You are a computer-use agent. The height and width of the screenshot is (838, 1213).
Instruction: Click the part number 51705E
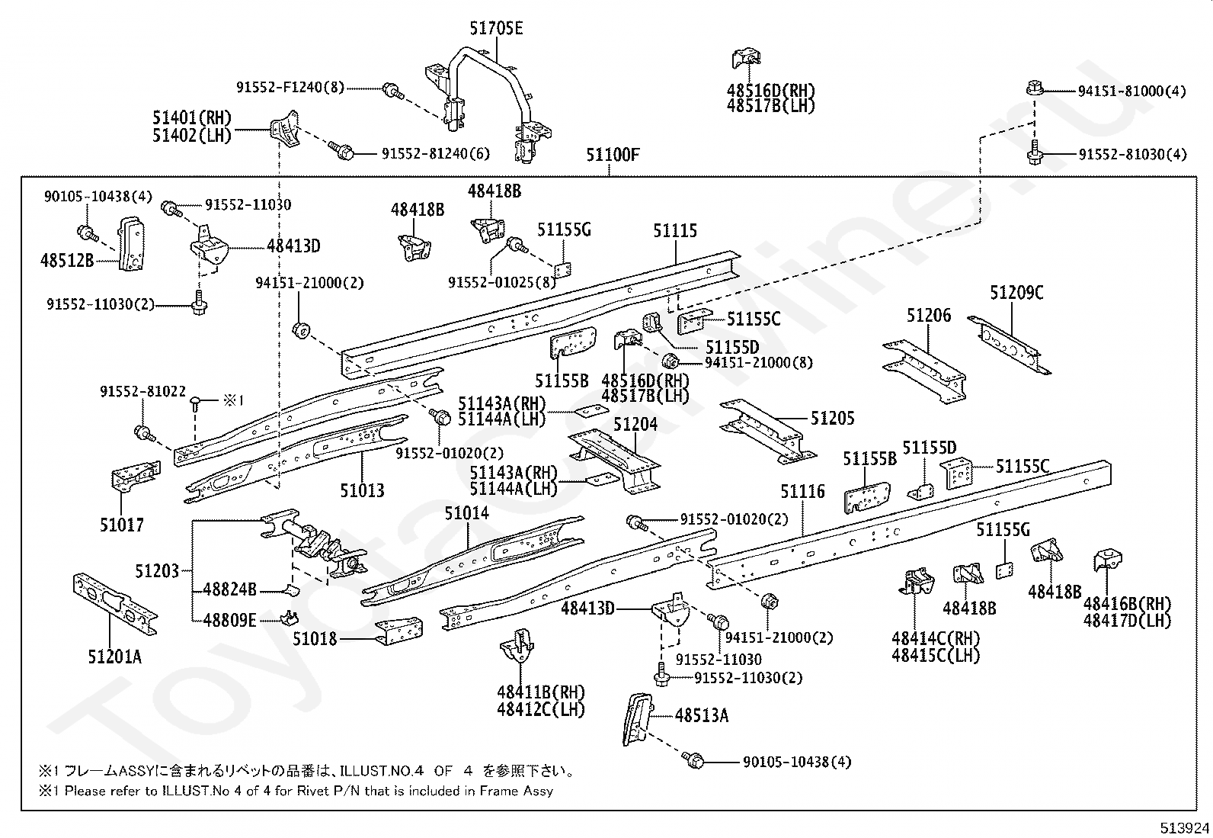496,28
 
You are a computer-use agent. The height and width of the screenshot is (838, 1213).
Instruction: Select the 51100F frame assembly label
613,155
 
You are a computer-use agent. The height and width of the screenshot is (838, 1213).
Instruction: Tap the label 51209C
1016,293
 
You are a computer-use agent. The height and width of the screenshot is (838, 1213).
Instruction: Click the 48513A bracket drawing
638,719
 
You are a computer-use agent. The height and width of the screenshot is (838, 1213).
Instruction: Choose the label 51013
362,490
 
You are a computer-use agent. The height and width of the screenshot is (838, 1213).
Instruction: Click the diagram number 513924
1184,827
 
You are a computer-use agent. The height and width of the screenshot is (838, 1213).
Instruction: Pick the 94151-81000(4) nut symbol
1035,88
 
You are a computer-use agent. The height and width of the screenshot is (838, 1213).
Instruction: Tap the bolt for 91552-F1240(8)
392,92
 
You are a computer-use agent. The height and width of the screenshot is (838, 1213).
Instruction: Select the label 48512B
67,261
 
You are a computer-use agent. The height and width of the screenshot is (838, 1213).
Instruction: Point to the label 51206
929,316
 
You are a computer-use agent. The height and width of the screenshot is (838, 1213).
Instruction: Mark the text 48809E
229,620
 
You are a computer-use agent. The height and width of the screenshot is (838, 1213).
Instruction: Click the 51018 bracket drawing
399,631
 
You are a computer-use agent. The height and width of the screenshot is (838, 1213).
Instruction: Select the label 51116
802,492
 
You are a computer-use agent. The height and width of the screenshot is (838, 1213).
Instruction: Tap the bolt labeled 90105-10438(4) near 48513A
693,759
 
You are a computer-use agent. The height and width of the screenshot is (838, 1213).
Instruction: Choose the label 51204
635,425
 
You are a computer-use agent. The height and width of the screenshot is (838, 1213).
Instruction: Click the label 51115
675,231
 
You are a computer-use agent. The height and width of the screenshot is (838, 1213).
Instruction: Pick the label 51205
832,419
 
